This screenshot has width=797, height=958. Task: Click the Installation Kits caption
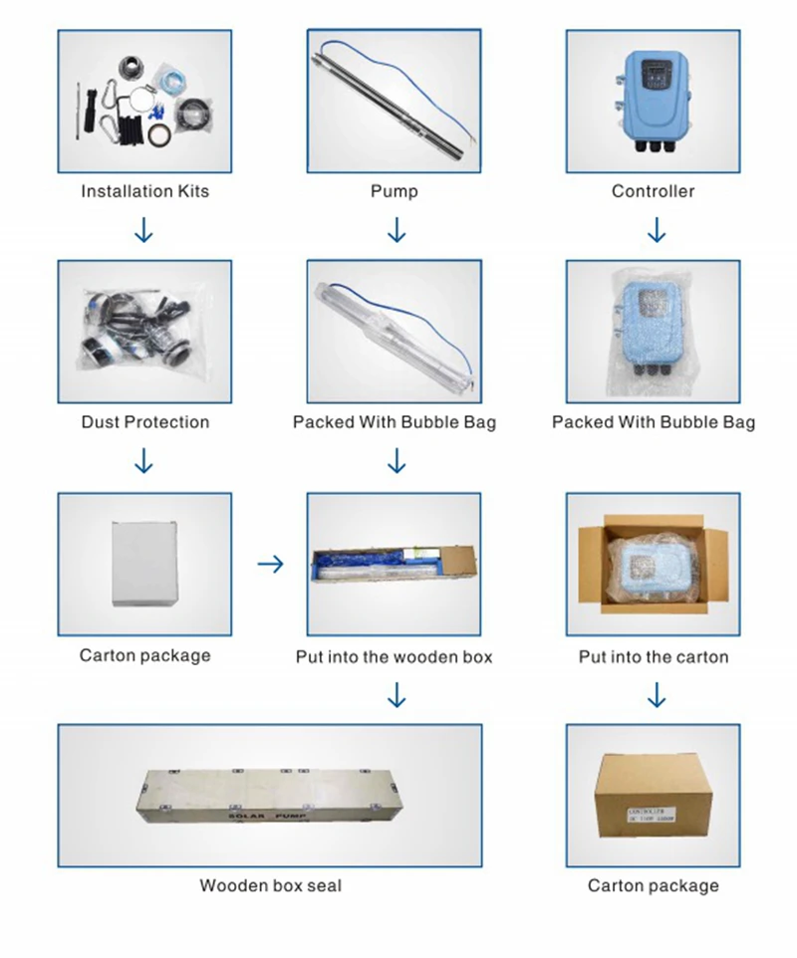(145, 191)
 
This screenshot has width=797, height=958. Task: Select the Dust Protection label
(145, 422)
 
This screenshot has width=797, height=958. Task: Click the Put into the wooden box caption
(395, 657)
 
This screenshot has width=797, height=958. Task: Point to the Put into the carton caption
(654, 657)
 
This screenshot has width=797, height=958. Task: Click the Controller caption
(654, 191)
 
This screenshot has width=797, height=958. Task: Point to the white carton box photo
(145, 561)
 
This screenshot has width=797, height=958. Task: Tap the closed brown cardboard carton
(654, 798)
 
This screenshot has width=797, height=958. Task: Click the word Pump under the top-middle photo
(395, 191)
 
